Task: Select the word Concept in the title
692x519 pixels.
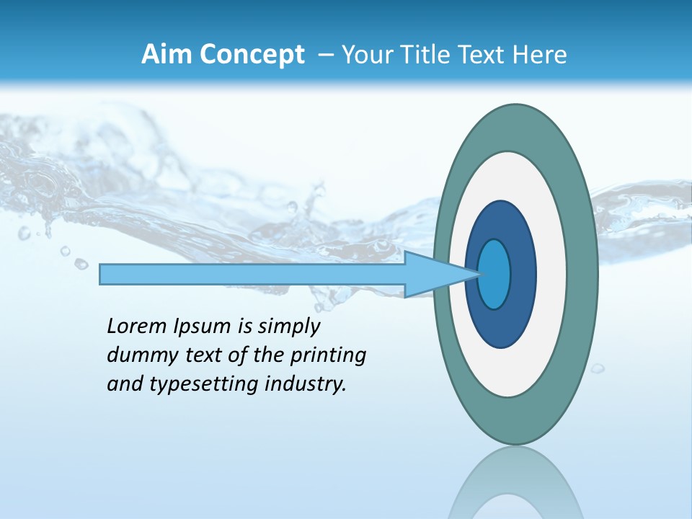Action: click(x=252, y=56)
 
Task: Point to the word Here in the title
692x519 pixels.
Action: click(x=541, y=55)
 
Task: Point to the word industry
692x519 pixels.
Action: click(x=306, y=384)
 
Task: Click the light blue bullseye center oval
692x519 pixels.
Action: click(x=494, y=274)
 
